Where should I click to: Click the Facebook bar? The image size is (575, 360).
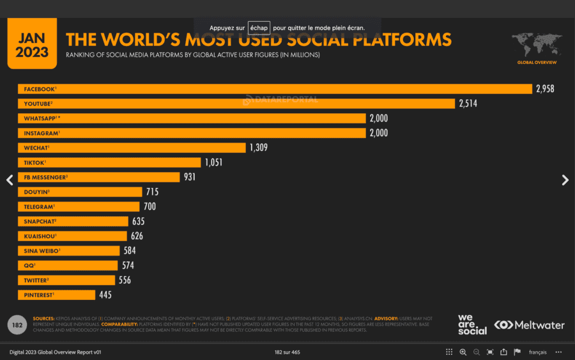tap(275, 89)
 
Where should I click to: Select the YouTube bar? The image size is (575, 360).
tap(236, 104)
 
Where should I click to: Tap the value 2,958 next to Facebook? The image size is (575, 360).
tap(545, 89)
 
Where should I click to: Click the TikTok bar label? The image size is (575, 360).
tap(35, 162)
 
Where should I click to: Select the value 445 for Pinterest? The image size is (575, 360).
tap(105, 295)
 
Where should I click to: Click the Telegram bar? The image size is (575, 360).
tap(78, 207)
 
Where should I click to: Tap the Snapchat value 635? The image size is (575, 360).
tap(138, 221)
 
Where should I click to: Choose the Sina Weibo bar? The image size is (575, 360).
tap(68, 251)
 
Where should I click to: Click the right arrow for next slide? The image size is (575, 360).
tap(565, 180)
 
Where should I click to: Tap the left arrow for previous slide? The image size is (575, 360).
tap(10, 180)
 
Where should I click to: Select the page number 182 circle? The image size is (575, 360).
tap(17, 325)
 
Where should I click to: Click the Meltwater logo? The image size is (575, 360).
tap(529, 325)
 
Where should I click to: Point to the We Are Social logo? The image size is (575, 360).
tap(471, 324)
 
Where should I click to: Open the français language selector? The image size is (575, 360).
tap(537, 352)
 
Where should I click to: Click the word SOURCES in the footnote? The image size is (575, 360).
tap(43, 318)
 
